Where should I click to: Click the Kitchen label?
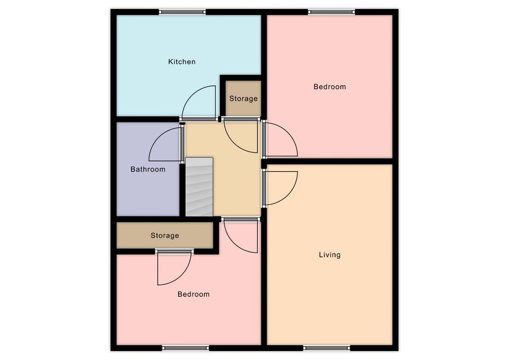[182, 62]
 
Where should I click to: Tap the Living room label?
[330, 255]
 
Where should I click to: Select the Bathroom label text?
[148, 169]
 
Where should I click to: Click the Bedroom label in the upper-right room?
[330, 86]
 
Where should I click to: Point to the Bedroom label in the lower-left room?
[194, 294]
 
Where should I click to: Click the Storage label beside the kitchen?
[243, 99]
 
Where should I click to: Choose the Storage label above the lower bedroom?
[165, 235]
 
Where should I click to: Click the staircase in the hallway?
[199, 187]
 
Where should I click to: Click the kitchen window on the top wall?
[182, 12]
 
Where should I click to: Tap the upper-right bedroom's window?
[331, 12]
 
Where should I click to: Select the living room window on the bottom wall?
[327, 348]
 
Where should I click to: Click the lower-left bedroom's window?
[186, 348]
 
